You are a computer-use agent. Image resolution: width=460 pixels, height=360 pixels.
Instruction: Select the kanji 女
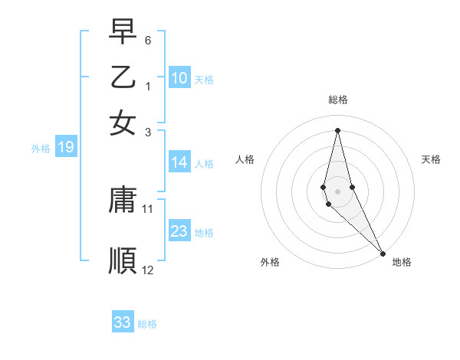(123, 123)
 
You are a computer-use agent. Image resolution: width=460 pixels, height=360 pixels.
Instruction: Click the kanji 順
(123, 260)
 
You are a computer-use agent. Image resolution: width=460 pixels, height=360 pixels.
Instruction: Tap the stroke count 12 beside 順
(148, 270)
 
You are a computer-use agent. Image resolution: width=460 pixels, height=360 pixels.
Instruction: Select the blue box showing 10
(179, 77)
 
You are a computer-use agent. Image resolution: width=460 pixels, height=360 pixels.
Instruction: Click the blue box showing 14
(179, 162)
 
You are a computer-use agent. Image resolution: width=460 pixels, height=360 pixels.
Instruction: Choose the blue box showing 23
(179, 231)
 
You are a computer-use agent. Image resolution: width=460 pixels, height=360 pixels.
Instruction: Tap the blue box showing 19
(66, 147)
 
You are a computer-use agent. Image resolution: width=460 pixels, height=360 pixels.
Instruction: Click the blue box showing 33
(123, 322)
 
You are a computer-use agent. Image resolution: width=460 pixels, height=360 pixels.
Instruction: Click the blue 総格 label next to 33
(147, 324)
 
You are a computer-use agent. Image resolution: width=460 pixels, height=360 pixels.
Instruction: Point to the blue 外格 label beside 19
(41, 149)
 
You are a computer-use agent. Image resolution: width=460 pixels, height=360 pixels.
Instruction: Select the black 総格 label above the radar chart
(338, 100)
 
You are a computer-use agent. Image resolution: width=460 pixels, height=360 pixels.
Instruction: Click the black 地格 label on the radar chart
(402, 262)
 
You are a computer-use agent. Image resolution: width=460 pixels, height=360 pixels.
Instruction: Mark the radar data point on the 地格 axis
(383, 252)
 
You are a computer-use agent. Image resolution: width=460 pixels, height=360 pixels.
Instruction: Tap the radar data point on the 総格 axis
(337, 130)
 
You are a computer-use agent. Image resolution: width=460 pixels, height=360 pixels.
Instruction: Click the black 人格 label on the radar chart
(245, 159)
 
